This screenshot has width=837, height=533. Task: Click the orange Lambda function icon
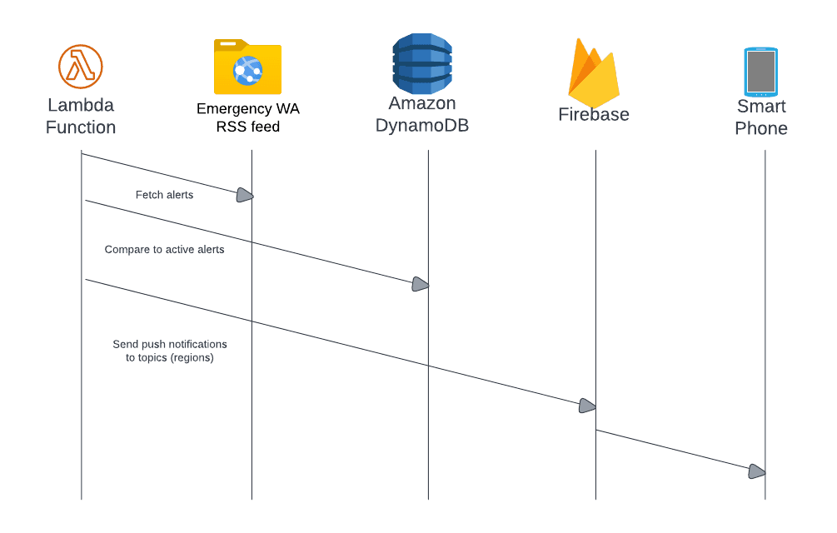point(81,67)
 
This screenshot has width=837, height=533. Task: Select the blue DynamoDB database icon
point(422,63)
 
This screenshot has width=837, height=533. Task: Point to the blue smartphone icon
point(760,72)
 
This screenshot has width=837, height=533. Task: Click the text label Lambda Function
point(81,117)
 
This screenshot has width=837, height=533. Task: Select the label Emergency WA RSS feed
point(248,118)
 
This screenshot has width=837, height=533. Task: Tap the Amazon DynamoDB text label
point(422,115)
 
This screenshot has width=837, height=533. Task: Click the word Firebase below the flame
point(593,115)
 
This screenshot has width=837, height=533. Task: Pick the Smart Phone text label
point(760,117)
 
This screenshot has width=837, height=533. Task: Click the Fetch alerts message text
point(164,195)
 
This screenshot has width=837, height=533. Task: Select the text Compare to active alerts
point(164,249)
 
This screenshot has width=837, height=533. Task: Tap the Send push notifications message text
point(169,351)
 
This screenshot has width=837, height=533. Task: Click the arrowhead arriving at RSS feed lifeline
point(244,196)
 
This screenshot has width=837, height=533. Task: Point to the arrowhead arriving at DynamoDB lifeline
point(421,285)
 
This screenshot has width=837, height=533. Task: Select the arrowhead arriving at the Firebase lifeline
point(587,406)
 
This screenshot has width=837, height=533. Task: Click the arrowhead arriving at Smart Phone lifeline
point(756,471)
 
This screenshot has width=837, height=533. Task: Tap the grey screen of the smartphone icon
point(760,72)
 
